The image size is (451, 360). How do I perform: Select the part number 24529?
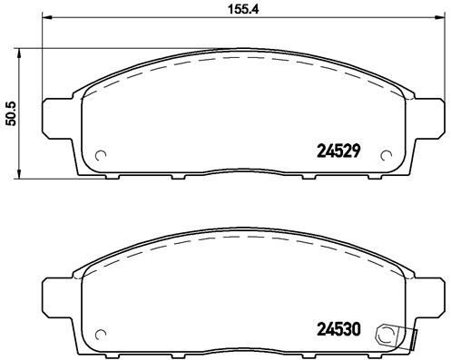339,153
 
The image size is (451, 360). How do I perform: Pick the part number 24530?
339,330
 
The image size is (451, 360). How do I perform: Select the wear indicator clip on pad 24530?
390,336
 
